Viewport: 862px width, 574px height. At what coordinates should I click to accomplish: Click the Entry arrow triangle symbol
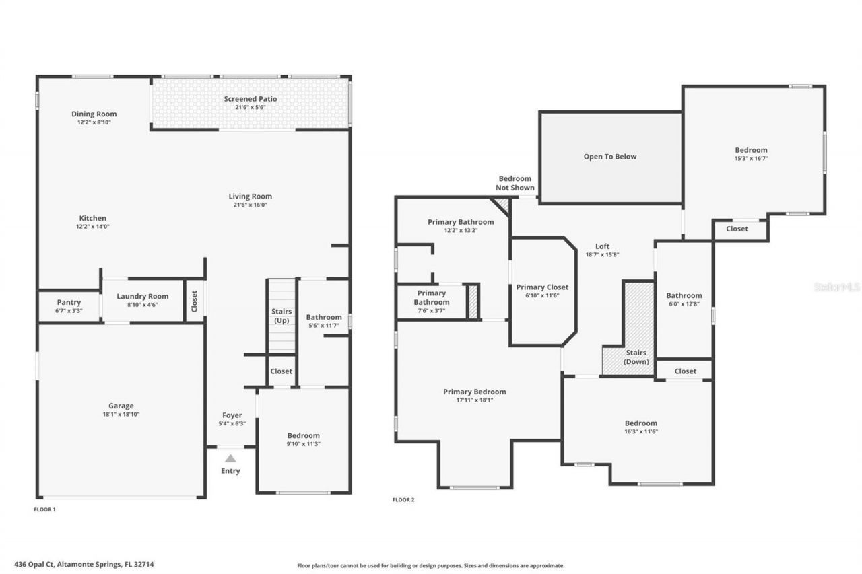[230, 458]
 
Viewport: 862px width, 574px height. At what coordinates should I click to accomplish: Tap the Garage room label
[121, 406]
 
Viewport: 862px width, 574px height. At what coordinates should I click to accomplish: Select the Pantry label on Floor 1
[69, 302]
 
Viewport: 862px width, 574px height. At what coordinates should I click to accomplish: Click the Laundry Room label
[142, 296]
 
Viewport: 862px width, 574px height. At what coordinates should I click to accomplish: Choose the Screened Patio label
[251, 99]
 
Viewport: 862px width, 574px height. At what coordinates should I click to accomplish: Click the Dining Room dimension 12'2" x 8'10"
[94, 122]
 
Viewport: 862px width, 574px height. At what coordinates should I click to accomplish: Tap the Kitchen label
[93, 218]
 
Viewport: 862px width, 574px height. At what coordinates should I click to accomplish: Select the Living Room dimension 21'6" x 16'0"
[250, 205]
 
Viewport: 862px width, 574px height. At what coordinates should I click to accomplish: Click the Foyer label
[232, 415]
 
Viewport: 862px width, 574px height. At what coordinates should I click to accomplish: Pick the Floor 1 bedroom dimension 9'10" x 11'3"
[303, 443]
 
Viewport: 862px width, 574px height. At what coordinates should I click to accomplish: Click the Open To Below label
[609, 157]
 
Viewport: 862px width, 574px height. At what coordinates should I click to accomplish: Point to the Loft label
[602, 246]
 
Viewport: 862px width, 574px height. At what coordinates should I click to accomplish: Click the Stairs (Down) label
[636, 357]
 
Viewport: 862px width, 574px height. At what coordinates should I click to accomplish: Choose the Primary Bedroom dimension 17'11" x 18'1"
[474, 400]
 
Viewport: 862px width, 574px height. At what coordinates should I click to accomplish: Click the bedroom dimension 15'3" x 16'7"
[750, 158]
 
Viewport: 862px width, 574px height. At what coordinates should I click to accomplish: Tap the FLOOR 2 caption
[403, 500]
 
